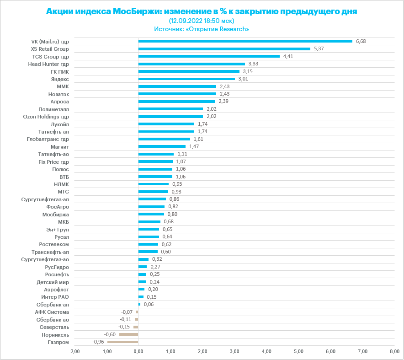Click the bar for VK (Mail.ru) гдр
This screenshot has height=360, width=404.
tap(245, 41)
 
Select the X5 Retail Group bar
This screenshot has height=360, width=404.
tap(224, 49)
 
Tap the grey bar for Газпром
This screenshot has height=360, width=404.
tap(122, 342)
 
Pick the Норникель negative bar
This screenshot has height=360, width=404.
tap(128, 334)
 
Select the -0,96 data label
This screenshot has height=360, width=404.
tap(98, 342)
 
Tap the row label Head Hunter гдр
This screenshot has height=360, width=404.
tap(48, 64)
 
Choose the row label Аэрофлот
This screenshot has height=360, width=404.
tap(56, 289)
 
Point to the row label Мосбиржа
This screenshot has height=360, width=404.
tap(55, 214)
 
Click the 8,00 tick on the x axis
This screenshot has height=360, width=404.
tap(394, 351)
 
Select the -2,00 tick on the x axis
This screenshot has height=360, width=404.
tap(74, 351)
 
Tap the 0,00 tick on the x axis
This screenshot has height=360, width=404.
tap(138, 351)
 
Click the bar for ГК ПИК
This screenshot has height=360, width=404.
tap(189, 71)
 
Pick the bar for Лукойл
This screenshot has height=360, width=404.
tap(166, 124)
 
